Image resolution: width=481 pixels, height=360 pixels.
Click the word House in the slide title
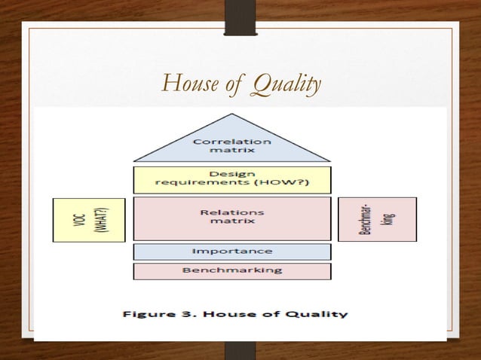point(188,84)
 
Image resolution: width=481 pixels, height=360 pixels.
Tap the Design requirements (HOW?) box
point(232,179)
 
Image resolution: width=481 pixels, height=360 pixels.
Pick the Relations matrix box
point(232,218)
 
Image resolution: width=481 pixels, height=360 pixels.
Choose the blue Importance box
point(232,252)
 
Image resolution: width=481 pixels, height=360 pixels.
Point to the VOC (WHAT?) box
point(88,219)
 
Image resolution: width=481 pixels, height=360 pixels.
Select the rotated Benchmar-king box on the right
point(377,219)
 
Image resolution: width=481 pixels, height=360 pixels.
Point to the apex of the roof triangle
point(232,115)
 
